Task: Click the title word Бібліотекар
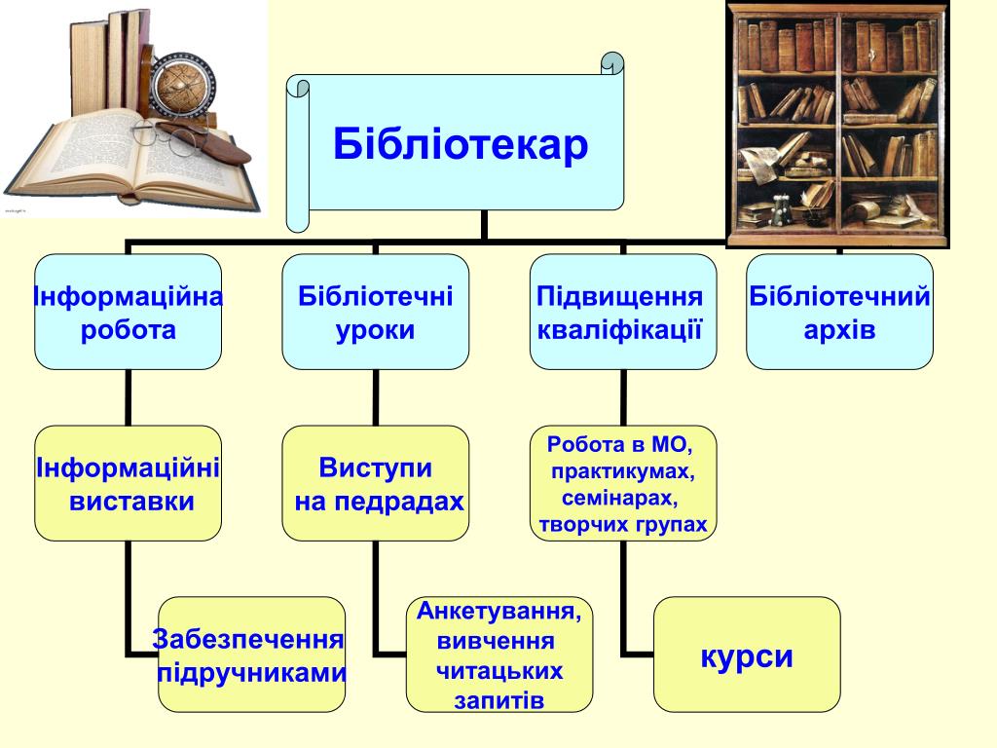click(461, 145)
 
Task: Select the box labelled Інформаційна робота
click(129, 312)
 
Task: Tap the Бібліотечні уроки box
click(375, 312)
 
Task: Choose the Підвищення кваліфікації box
click(622, 312)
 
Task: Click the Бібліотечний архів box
click(839, 312)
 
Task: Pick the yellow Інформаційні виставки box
click(129, 483)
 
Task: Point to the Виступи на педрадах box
click(375, 483)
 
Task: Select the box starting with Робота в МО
click(622, 483)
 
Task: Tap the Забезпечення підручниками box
click(251, 654)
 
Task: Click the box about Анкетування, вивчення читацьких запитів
click(499, 654)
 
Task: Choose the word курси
click(747, 656)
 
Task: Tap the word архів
click(839, 330)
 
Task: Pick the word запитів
click(498, 700)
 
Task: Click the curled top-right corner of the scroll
click(611, 63)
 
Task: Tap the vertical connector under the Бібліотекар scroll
click(484, 225)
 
